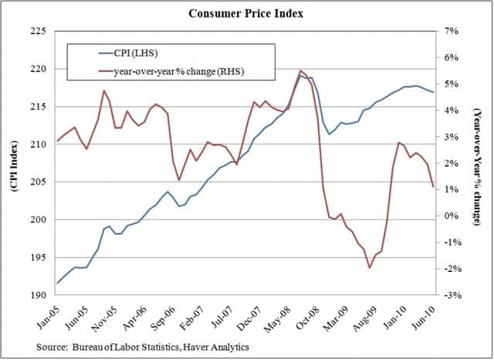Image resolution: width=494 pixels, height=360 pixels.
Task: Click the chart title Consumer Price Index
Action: pyautogui.click(x=246, y=13)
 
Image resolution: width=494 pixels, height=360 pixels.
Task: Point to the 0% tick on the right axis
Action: pyautogui.click(x=452, y=216)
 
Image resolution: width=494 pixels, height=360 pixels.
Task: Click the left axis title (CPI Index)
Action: pyautogui.click(x=15, y=162)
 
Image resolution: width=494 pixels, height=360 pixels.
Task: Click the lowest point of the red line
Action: pyautogui.click(x=370, y=268)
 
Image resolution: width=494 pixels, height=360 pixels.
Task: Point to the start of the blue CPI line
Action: pyautogui.click(x=56, y=284)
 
